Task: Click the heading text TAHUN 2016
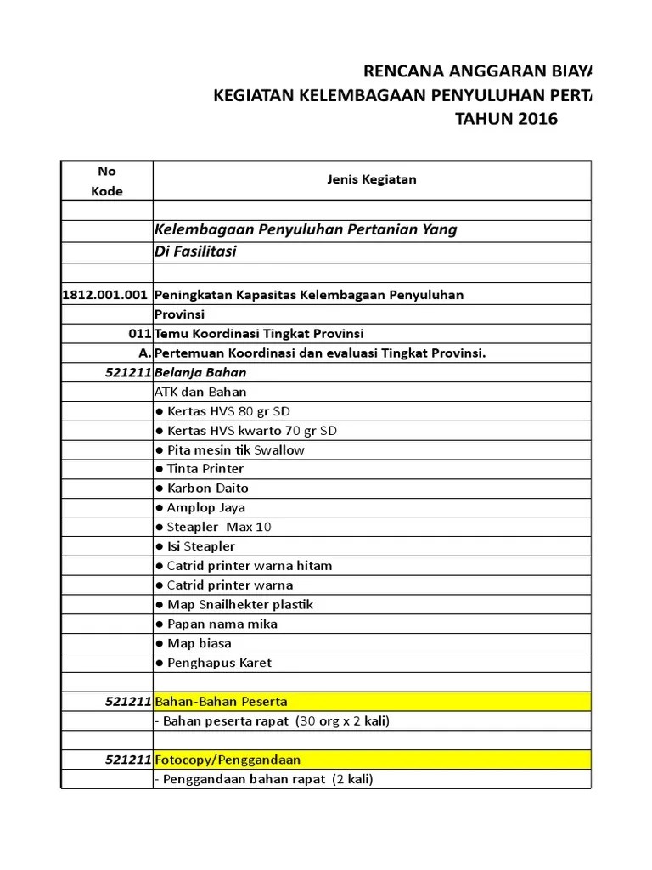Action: click(507, 119)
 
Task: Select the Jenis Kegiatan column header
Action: click(372, 179)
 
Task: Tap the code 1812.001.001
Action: click(106, 295)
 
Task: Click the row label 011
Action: click(141, 334)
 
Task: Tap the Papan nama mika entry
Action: click(216, 624)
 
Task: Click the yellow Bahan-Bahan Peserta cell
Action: click(371, 702)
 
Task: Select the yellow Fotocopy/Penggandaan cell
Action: click(371, 760)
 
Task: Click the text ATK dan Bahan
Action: click(200, 392)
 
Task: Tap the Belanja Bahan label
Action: click(200, 372)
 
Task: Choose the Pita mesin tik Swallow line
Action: click(229, 450)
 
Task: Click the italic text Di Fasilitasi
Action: click(195, 252)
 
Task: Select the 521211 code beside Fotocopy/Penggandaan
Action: click(128, 760)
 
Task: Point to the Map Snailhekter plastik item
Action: click(234, 605)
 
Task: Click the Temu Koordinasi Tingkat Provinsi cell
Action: click(259, 334)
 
